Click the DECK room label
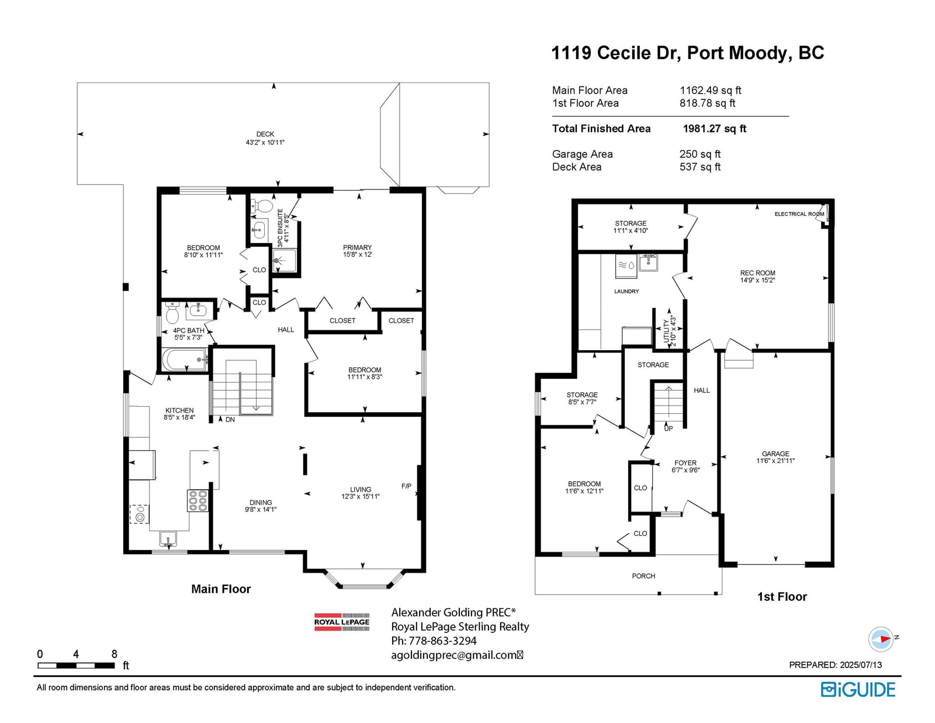tap(265, 134)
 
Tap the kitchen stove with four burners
tap(198, 501)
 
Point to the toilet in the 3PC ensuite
tap(262, 206)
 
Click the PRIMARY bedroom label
tap(357, 247)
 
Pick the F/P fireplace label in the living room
tap(406, 486)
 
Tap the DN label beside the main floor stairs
tap(230, 420)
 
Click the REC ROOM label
tap(758, 273)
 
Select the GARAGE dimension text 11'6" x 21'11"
tap(775, 461)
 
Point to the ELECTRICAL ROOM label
tap(799, 214)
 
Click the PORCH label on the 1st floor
tap(643, 576)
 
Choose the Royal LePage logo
tap(342, 622)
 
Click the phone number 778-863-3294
tap(442, 641)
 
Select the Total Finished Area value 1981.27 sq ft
tap(714, 129)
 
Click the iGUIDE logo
tap(857, 690)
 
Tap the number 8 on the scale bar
tap(114, 654)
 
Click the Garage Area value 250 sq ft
tap(699, 154)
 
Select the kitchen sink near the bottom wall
tap(168, 539)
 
